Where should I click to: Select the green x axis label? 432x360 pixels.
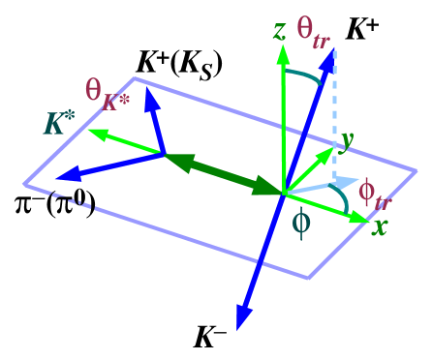tap(380, 228)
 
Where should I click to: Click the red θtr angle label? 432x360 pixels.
tap(317, 33)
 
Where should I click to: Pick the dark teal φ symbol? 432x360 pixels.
tap(301, 223)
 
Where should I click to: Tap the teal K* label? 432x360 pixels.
tap(59, 124)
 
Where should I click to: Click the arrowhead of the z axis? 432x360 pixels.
tap(283, 55)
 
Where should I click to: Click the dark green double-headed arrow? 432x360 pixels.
tap(223, 174)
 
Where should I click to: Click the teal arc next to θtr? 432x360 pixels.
tap(305, 76)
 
